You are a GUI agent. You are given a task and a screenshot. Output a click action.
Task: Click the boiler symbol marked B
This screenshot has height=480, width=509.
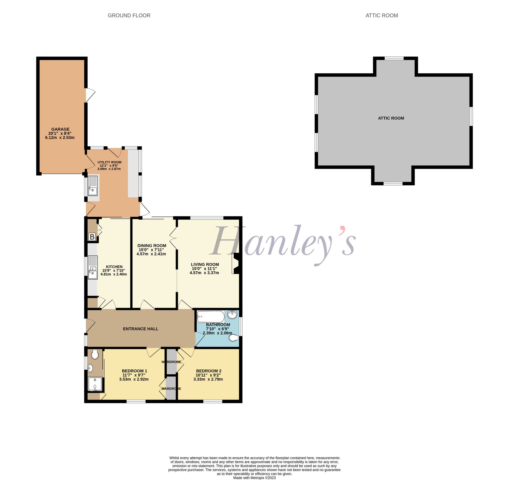coord(92,237)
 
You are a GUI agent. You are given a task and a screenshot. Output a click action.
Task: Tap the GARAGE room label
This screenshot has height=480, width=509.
coord(60,129)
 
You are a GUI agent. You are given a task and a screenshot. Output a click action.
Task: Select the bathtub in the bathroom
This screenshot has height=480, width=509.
coord(211,317)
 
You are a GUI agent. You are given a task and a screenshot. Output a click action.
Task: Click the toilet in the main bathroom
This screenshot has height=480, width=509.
coord(234,338)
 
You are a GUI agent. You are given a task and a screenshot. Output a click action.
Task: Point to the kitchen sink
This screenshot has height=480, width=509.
coord(93,267)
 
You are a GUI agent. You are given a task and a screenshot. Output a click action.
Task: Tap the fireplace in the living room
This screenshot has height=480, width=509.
coord(236,263)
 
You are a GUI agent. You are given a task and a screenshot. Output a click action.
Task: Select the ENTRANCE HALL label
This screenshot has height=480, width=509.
coord(140,329)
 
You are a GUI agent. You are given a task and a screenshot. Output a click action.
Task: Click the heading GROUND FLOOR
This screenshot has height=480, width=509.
coord(129,15)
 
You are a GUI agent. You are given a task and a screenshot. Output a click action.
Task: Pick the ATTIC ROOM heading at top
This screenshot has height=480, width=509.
coord(382,15)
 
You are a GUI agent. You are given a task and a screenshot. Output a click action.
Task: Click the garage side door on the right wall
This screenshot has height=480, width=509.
coord(90,95)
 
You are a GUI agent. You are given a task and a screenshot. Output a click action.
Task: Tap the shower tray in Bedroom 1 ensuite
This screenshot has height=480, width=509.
coord(95,384)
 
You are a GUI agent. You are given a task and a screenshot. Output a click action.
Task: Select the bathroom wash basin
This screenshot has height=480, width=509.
coord(232,314)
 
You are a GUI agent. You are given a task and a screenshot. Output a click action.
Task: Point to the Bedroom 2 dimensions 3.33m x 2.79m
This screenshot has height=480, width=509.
coord(208,379)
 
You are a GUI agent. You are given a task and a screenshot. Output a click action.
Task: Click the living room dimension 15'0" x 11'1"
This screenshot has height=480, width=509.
coord(204,269)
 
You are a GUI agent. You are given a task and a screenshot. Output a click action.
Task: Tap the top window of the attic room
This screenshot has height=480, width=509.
coord(394,58)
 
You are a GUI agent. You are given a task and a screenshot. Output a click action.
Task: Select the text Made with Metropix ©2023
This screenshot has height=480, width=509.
coord(254,478)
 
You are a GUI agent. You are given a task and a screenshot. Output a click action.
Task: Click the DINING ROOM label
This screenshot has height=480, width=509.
coord(152,246)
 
